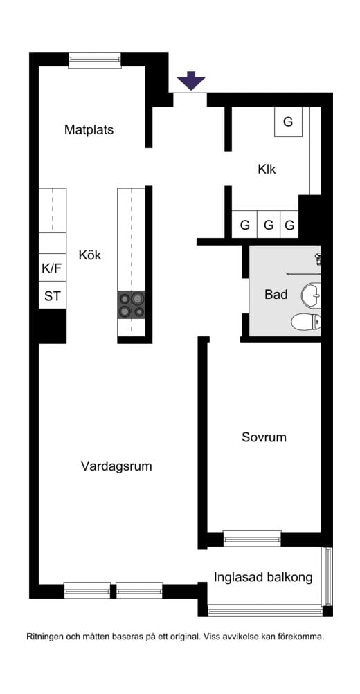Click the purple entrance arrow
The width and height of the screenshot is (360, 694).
191,80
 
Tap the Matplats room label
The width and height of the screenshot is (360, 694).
89,129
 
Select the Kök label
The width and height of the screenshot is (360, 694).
90,255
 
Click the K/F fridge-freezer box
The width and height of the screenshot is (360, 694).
52,268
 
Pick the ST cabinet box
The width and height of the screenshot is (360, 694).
52,295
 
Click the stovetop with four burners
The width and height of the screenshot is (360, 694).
131,304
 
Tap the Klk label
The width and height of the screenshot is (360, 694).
267,169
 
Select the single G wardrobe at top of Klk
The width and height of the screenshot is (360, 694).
288,121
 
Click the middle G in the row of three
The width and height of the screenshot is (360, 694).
269,225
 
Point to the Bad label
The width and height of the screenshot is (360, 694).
276,294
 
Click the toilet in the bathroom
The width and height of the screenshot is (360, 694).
306,321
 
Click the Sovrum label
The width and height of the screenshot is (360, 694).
264,437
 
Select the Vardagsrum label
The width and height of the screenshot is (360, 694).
116,466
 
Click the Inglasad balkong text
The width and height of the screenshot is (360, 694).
263,577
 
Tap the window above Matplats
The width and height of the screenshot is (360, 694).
95,60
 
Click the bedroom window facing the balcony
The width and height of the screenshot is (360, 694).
252,538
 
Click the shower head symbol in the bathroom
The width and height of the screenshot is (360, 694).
318,258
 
